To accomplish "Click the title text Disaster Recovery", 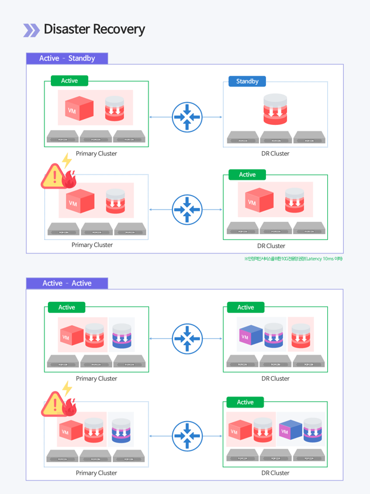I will (x=94, y=29).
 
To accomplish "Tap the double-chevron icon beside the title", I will (x=31, y=30).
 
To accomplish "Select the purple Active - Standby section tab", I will (x=67, y=58).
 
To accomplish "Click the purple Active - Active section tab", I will (x=67, y=283).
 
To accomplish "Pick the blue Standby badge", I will (x=247, y=81).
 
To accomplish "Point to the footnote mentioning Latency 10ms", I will (x=293, y=259).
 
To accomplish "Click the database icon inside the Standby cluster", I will (x=275, y=109).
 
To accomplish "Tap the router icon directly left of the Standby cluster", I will (x=187, y=117).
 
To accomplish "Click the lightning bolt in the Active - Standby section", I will (x=67, y=160).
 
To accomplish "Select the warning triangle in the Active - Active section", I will (x=54, y=404).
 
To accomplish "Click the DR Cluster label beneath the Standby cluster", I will (x=275, y=154).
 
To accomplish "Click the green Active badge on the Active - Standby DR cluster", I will (x=247, y=175).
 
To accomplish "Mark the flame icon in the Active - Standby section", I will (x=70, y=179).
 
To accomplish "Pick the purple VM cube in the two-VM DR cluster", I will (x=290, y=430).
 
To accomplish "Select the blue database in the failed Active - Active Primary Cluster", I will (x=121, y=429).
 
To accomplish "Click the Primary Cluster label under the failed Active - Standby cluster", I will (x=92, y=245).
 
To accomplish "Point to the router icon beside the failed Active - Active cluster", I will (x=187, y=436).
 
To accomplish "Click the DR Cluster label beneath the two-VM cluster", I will (x=275, y=473).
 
